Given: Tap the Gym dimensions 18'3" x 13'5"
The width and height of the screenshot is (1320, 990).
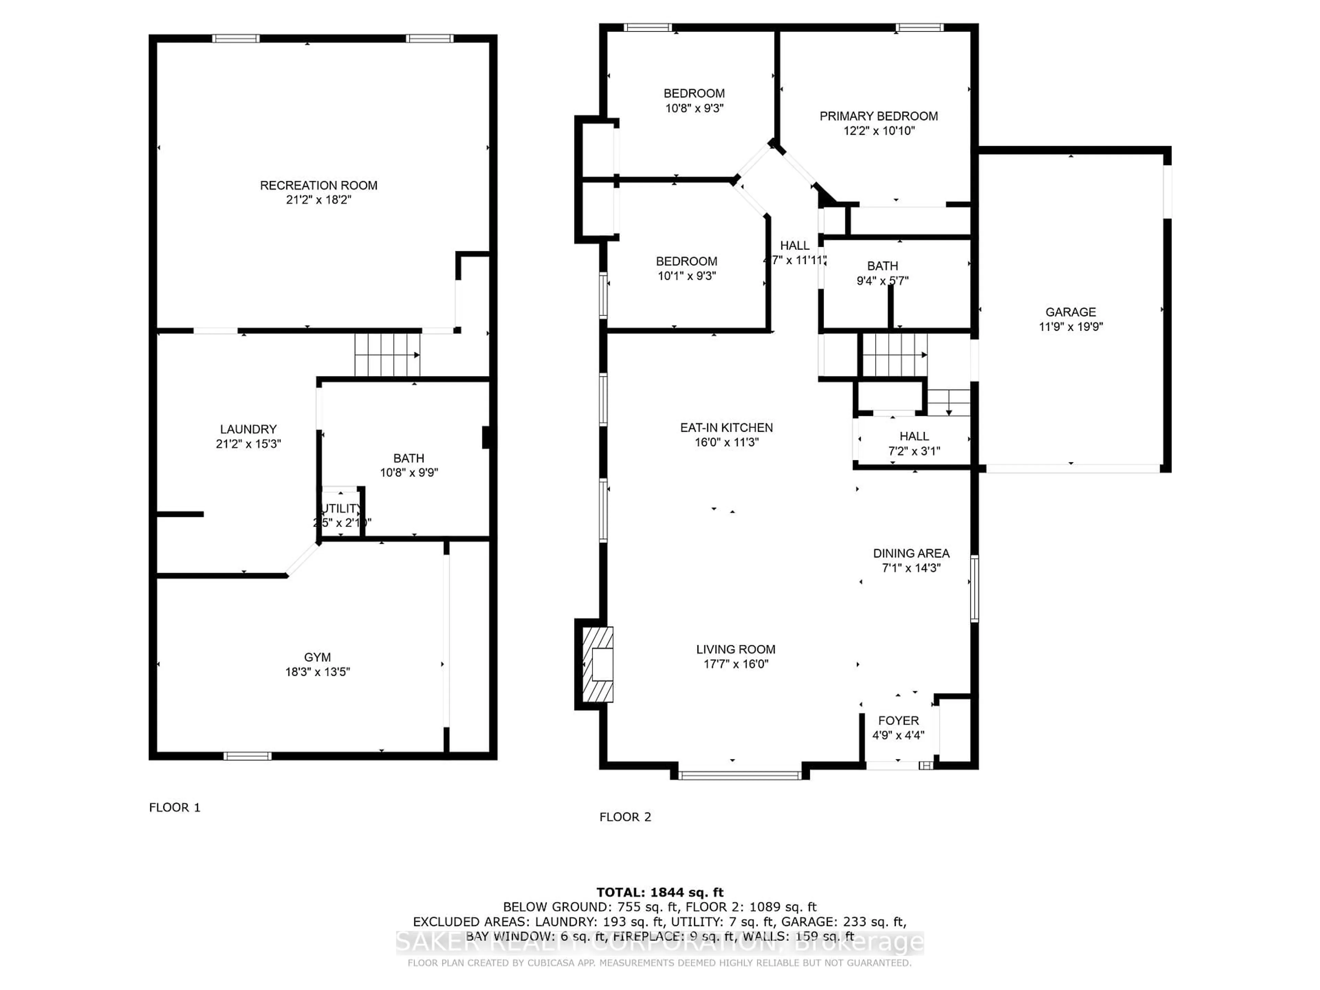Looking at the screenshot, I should coord(318,672).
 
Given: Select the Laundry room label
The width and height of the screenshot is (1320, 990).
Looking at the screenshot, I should coord(248,429).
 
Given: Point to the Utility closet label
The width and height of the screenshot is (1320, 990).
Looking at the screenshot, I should coord(341,508).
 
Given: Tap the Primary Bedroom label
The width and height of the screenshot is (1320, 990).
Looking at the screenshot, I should coord(878,117).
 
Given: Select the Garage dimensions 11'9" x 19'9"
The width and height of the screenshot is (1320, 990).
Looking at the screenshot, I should coord(1070,327).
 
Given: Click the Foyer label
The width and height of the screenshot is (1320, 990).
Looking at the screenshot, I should coord(898,721).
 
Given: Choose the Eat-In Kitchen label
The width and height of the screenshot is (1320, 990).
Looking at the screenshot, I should coord(726,428).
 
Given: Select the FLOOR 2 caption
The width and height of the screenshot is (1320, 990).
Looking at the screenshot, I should coord(625,817).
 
